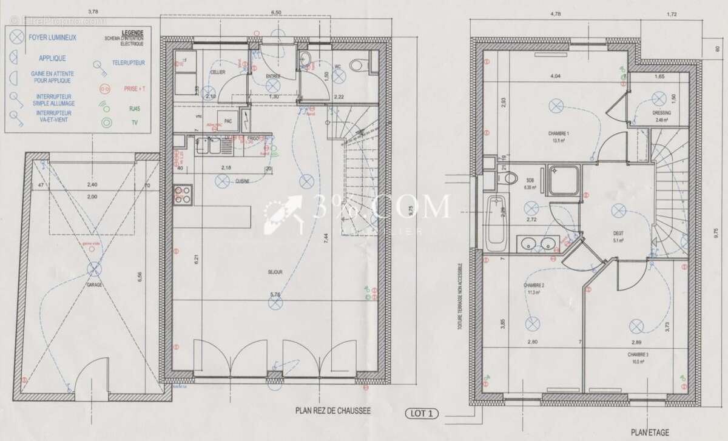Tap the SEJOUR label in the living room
pyautogui.click(x=274, y=272)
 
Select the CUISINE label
pyautogui.click(x=244, y=181)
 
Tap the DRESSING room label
pyautogui.click(x=660, y=112)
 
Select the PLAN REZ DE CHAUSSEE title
pyautogui.click(x=332, y=410)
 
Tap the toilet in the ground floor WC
pyautogui.click(x=362, y=63)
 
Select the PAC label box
pyautogui.click(x=228, y=120)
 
